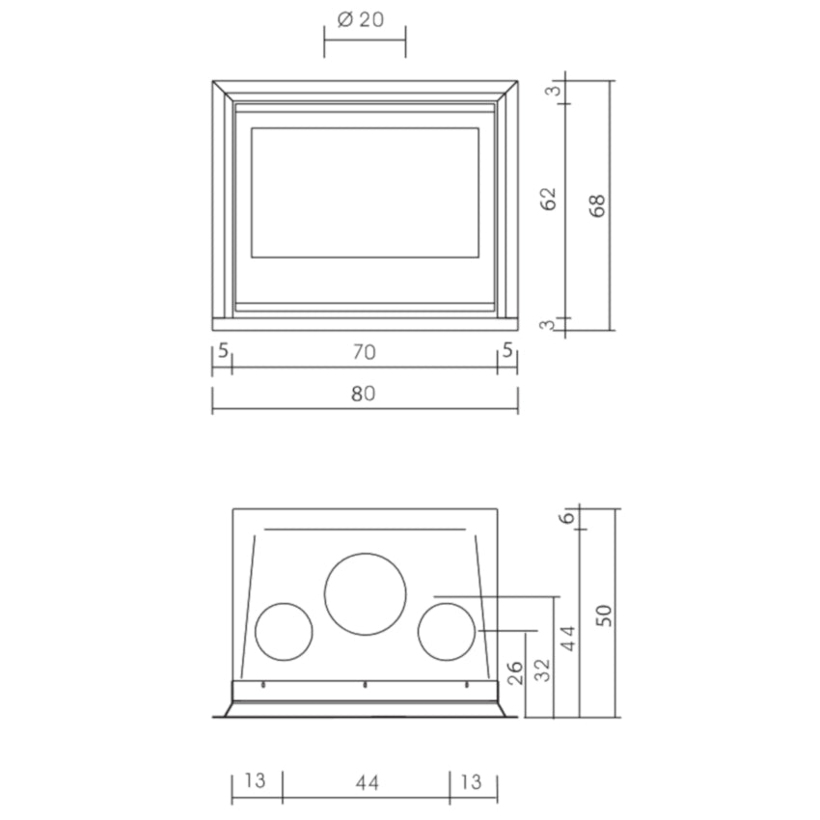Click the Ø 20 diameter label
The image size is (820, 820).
361,20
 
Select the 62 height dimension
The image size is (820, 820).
549,199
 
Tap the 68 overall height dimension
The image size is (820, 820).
597,205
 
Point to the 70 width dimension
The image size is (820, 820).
364,352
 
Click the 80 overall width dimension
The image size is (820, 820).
364,394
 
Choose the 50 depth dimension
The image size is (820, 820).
604,615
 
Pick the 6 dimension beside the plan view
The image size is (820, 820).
567,518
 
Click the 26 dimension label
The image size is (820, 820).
515,673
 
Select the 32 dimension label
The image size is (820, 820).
543,670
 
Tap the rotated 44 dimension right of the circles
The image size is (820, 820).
568,638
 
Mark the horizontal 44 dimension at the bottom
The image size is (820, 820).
368,783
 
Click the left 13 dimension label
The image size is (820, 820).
256,780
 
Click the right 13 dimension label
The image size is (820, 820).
471,781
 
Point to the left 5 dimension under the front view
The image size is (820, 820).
223,350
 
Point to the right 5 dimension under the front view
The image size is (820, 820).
507,350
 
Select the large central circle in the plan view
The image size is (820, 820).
365,594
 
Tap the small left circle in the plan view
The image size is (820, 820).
284,632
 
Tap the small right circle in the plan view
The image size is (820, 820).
447,632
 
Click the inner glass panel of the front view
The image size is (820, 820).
365,192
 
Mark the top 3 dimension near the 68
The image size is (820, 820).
553,91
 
